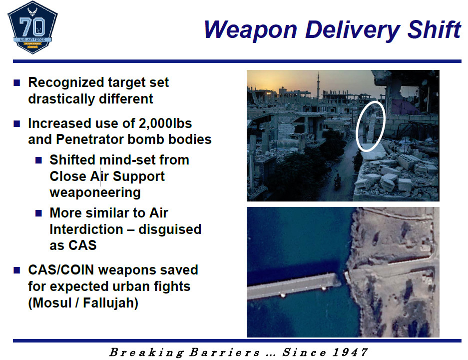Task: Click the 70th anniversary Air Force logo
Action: pyautogui.click(x=32, y=27)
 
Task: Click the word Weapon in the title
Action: pyautogui.click(x=250, y=30)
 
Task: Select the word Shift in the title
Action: pyautogui.click(x=434, y=29)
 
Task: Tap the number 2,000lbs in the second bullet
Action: pyautogui.click(x=165, y=123)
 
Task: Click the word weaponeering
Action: pyautogui.click(x=95, y=192)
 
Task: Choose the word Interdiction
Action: pyautogui.click(x=86, y=229)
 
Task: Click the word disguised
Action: pyautogui.click(x=170, y=229)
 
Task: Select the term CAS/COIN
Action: pyautogui.click(x=61, y=270)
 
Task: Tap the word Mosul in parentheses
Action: pyautogui.click(x=51, y=302)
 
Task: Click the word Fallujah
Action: pyautogui.click(x=110, y=302)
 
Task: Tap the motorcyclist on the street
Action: pyautogui.click(x=337, y=180)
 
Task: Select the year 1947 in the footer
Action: pyautogui.click(x=350, y=352)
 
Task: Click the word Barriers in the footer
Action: pyautogui.click(x=224, y=352)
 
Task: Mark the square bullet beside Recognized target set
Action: pyautogui.click(x=16, y=82)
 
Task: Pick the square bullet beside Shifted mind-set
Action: pyautogui.click(x=38, y=160)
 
